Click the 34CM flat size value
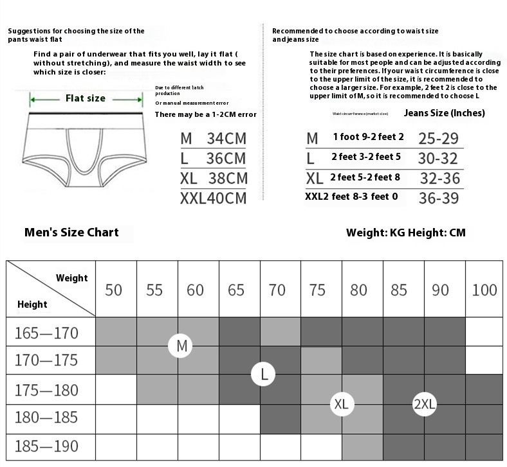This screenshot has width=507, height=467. (226, 138)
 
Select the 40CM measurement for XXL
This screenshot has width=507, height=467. (226, 198)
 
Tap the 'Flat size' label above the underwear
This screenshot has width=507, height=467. (86, 98)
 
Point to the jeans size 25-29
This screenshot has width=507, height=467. (438, 138)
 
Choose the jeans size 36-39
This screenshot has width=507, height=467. (438, 198)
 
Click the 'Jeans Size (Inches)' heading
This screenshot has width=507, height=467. (444, 113)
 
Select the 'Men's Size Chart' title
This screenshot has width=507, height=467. (71, 232)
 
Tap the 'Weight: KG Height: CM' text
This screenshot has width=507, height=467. (405, 232)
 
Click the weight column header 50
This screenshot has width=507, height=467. (113, 290)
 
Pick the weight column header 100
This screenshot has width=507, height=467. (484, 290)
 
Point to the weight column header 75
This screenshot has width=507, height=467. (318, 290)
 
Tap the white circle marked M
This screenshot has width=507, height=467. (181, 346)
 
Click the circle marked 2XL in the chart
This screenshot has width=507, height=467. (425, 404)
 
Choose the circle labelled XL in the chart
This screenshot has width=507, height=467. (342, 404)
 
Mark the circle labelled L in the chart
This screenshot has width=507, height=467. (264, 374)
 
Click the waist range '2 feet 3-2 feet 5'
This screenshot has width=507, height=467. (366, 157)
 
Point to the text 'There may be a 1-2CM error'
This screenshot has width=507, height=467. (206, 114)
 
